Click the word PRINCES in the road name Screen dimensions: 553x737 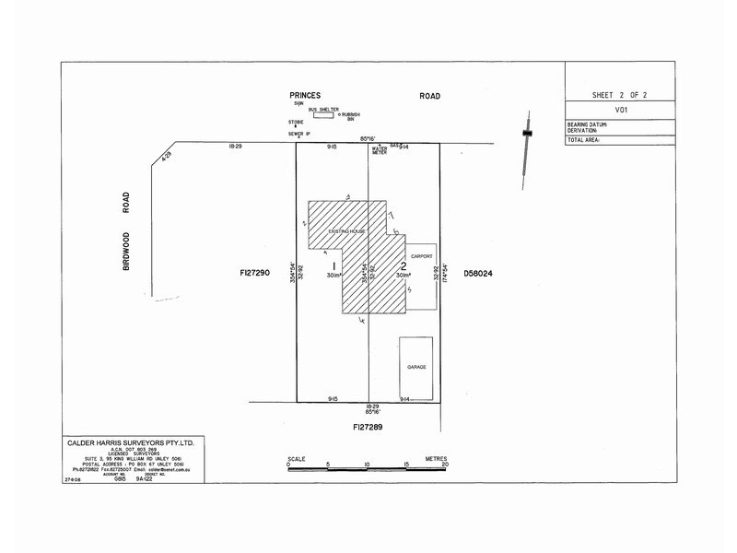(305, 95)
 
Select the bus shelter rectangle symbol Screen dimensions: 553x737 (323, 116)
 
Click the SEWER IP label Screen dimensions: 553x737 (299, 135)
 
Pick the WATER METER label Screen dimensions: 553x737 (379, 150)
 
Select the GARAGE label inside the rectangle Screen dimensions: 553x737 (416, 367)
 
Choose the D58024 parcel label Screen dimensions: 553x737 (481, 274)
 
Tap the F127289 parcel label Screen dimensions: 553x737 (368, 429)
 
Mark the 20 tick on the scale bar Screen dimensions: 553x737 (445, 465)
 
